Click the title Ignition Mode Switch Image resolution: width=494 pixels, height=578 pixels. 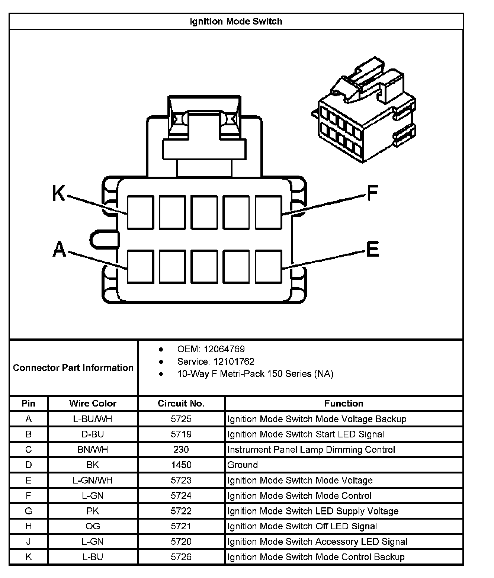[236, 22]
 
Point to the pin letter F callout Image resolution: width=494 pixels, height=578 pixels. [372, 193]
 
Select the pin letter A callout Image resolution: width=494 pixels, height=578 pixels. [59, 249]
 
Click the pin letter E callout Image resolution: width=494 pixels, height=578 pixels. [372, 249]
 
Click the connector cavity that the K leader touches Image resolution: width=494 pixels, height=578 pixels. [140, 212]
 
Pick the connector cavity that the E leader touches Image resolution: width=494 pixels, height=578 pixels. [269, 267]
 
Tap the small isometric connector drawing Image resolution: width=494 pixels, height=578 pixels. [364, 110]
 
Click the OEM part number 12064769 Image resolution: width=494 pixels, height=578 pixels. [224, 349]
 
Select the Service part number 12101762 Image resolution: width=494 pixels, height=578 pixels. [234, 362]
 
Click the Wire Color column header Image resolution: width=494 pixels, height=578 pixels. [93, 404]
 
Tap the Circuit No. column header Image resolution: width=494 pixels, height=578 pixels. [181, 404]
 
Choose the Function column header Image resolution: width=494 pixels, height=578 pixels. [344, 404]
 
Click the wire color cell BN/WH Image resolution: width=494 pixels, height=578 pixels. [93, 450]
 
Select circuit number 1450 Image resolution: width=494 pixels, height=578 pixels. [181, 465]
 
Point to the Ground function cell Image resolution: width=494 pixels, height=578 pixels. [243, 465]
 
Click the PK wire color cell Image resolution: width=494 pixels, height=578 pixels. [93, 511]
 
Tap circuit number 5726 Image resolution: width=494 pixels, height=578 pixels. [181, 557]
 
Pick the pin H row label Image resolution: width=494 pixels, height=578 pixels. [29, 526]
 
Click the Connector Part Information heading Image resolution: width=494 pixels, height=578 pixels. [73, 368]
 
